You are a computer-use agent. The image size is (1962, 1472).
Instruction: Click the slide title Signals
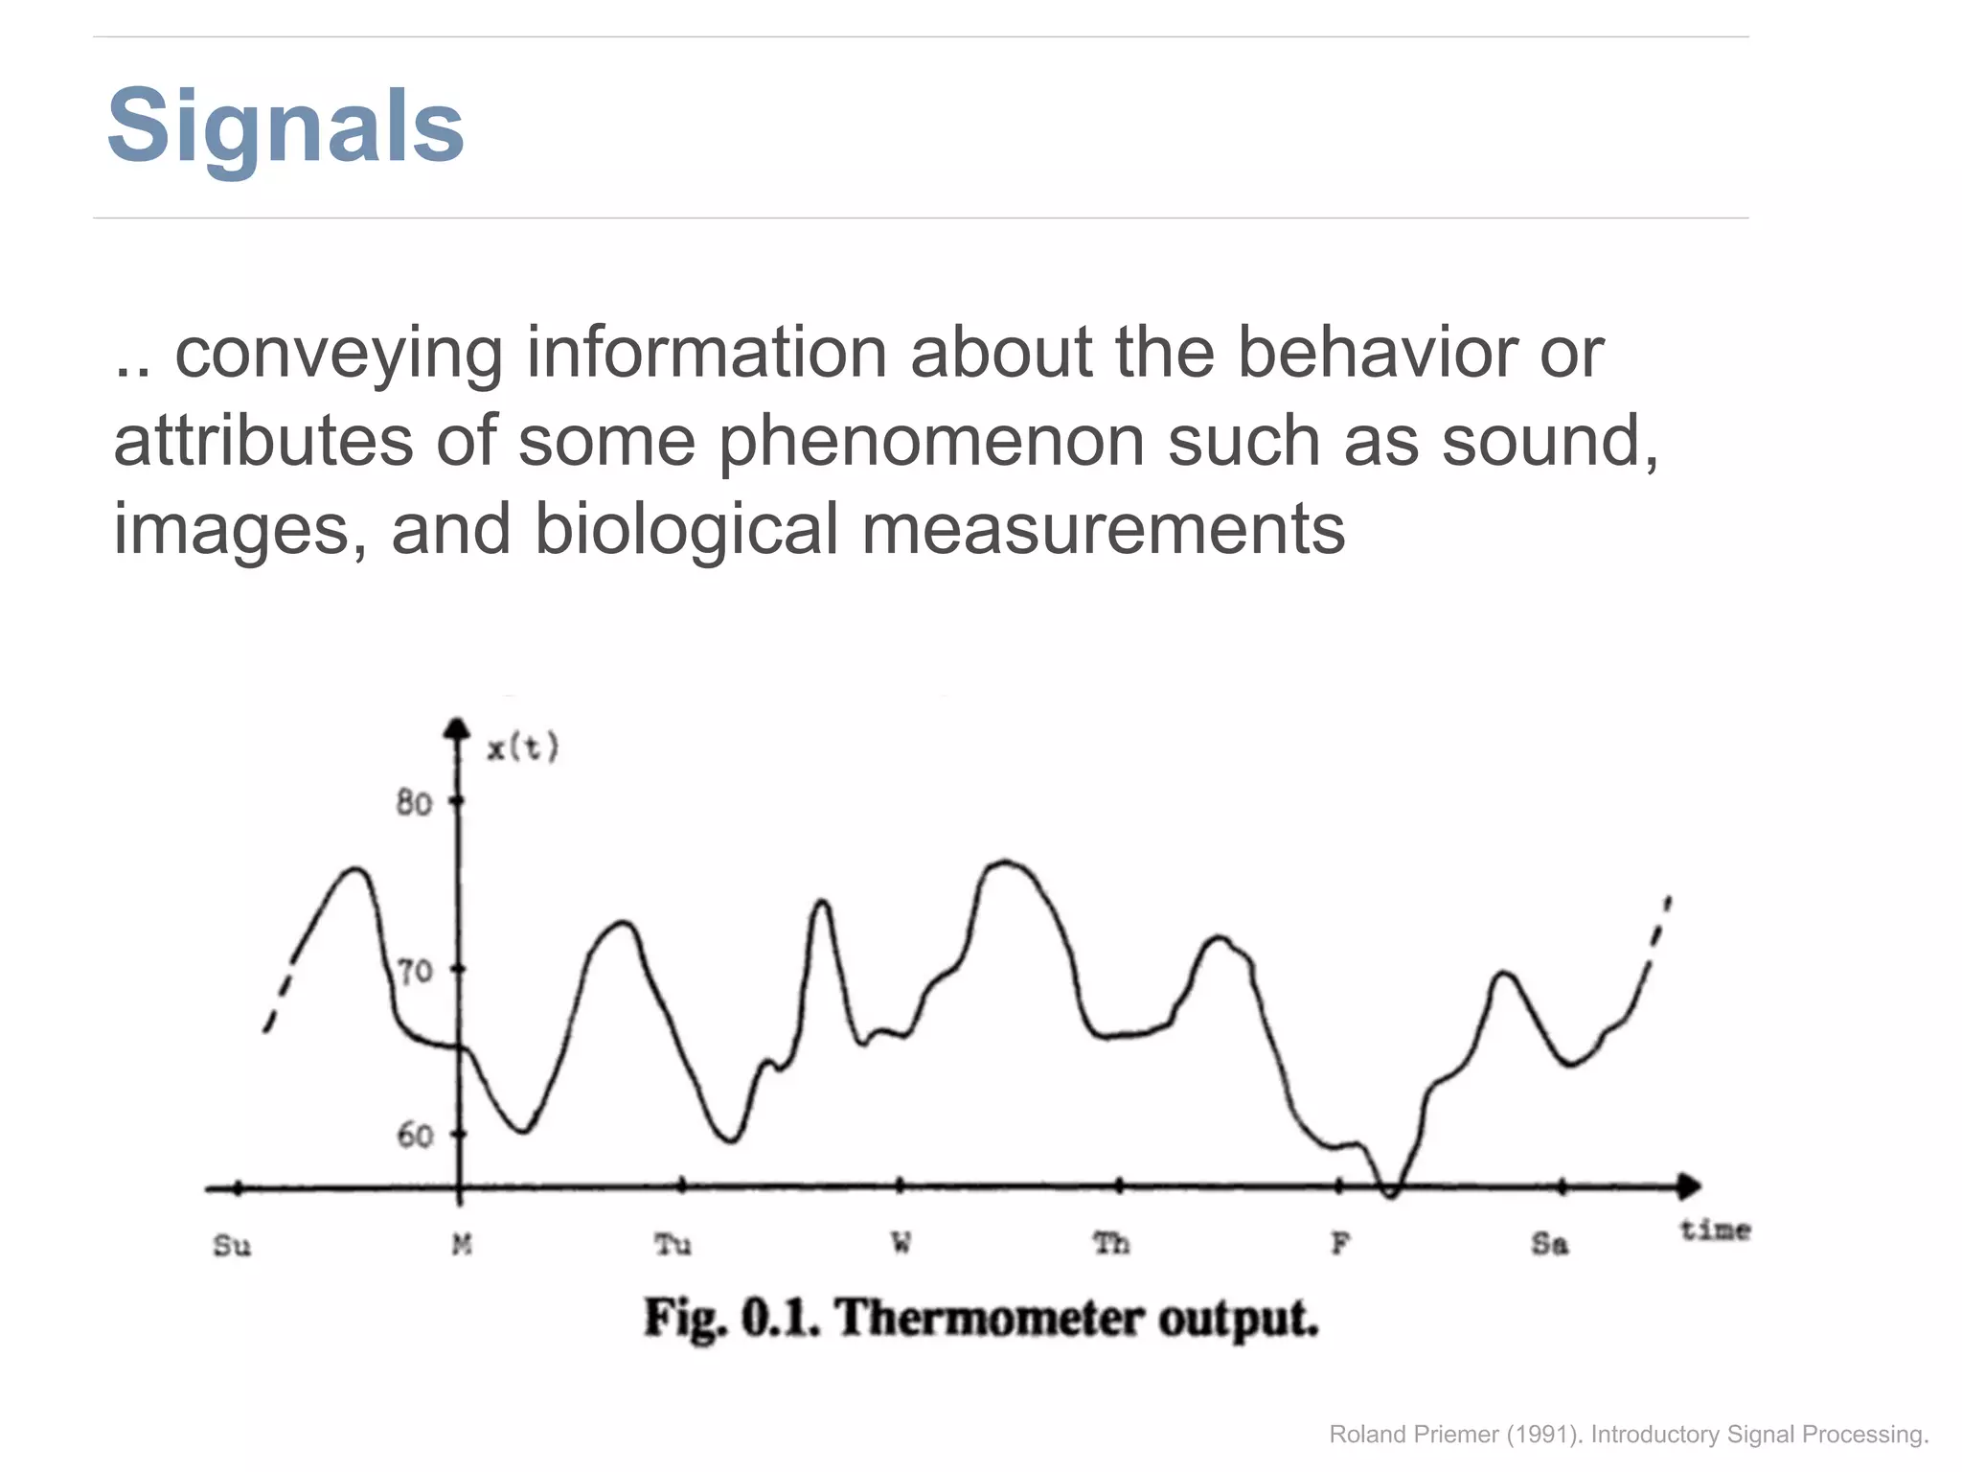pos(285,126)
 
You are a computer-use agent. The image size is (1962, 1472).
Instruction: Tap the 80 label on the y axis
pos(414,802)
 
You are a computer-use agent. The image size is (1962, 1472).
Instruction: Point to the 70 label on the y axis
pos(415,972)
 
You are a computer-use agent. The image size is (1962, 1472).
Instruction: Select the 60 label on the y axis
pos(415,1136)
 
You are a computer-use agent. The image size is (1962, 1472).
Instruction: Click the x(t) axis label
pos(522,747)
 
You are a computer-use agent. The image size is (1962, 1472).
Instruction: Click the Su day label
pos(231,1245)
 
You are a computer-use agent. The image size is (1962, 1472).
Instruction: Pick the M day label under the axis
pos(462,1244)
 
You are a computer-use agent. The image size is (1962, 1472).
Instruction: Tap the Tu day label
pos(673,1244)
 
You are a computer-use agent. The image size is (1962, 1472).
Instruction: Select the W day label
pos(901,1243)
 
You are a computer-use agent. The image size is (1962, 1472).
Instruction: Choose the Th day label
pos(1111,1243)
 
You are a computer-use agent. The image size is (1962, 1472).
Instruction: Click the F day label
pos(1340,1243)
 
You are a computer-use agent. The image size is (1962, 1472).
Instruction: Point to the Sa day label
pos(1549,1243)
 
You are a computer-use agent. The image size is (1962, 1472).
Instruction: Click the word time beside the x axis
pos(1715,1230)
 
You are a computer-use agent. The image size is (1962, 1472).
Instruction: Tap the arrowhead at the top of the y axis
pos(458,728)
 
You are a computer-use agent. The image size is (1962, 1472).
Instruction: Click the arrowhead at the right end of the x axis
pos(1689,1186)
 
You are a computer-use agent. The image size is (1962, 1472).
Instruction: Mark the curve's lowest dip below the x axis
pos(1391,1194)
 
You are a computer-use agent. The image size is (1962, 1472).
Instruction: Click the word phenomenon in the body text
pos(931,442)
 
